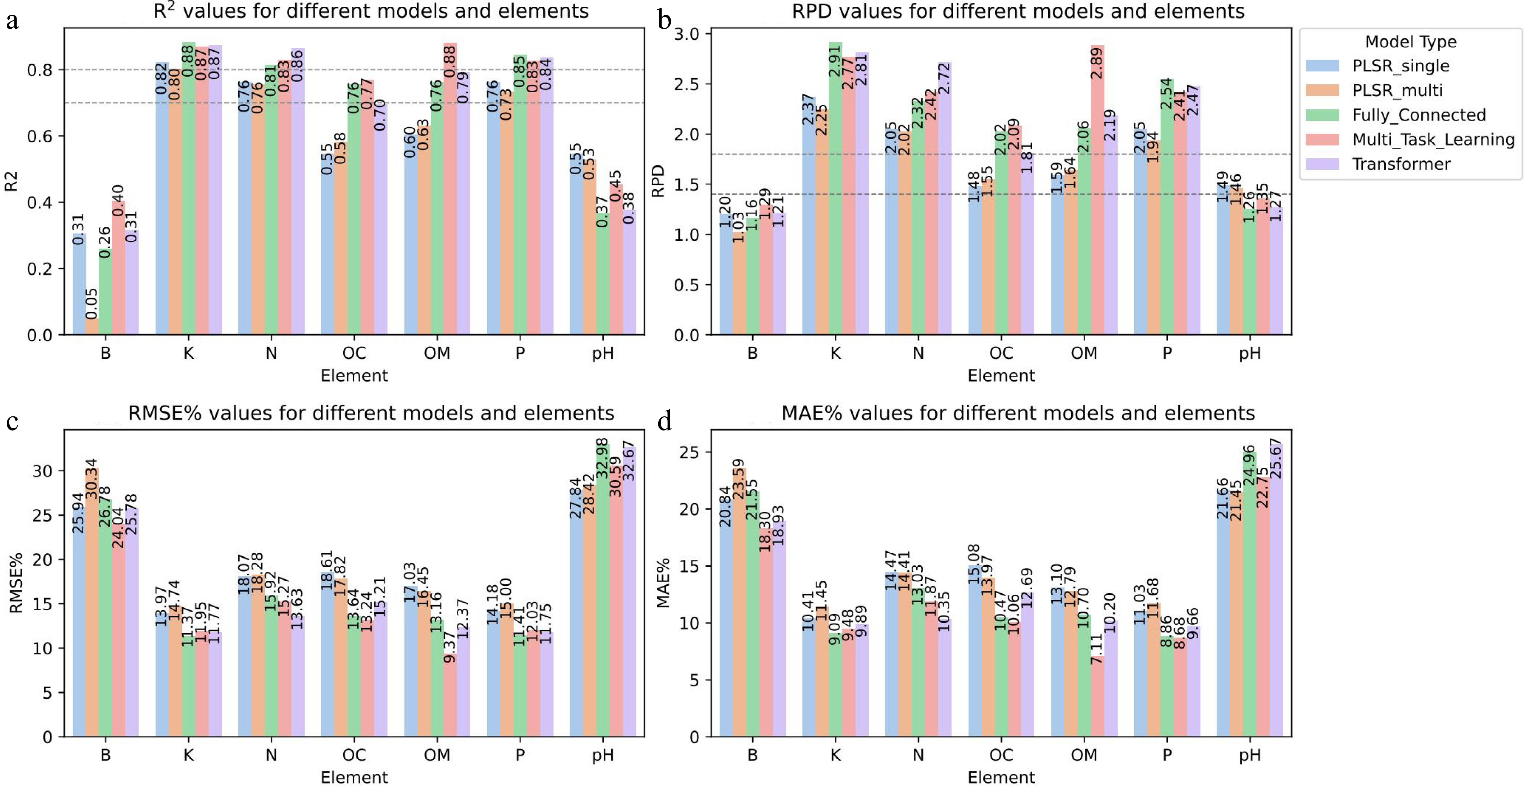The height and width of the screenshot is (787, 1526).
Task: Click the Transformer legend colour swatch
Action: (x=1322, y=164)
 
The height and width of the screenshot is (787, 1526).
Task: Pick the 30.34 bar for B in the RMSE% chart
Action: (x=92, y=601)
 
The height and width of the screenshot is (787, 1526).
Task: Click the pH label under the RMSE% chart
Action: (x=603, y=755)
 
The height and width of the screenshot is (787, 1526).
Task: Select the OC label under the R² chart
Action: (x=354, y=354)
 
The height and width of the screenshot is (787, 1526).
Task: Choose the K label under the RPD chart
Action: (x=835, y=354)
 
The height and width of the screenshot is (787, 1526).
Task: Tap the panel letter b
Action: (x=665, y=21)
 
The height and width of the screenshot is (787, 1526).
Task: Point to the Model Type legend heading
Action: (x=1410, y=42)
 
